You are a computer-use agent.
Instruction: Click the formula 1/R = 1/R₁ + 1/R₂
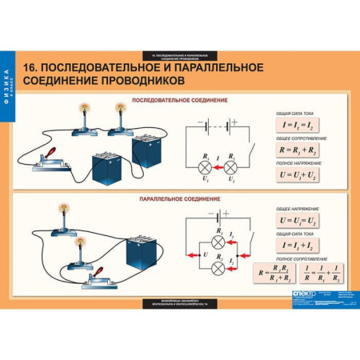(318, 272)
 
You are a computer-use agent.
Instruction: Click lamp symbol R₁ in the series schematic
(206, 166)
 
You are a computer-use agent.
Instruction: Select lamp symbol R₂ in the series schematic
(231, 166)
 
